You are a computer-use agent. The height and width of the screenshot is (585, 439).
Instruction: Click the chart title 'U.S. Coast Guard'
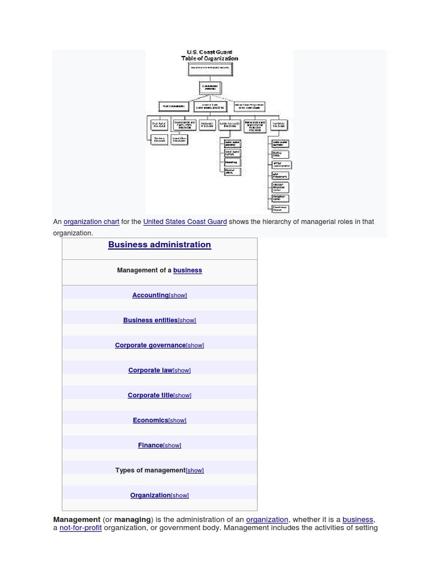point(209,52)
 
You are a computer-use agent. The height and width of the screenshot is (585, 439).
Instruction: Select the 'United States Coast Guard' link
point(185,222)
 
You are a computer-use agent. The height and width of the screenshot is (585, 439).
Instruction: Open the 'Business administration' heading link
point(159,245)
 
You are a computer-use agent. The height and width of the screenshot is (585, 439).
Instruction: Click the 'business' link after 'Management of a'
point(187,270)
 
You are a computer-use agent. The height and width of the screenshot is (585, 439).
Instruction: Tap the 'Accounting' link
point(150,295)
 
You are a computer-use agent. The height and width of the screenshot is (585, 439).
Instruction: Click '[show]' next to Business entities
point(187,320)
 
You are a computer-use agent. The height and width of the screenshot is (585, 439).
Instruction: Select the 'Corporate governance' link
point(150,345)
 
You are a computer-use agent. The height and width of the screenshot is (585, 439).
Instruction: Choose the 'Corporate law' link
point(150,370)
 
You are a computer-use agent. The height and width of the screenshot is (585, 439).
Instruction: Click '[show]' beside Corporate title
point(182,395)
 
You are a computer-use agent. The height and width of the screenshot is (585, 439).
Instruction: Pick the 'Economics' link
point(150,420)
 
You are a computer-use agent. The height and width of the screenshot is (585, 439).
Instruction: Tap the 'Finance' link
point(150,445)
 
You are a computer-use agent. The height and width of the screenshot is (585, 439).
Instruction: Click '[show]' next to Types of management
point(195,470)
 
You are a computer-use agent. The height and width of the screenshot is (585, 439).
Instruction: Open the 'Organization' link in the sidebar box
point(150,495)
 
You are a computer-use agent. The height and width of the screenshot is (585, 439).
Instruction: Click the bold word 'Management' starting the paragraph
point(77,519)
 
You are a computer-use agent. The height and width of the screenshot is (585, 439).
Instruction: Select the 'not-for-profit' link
point(81,528)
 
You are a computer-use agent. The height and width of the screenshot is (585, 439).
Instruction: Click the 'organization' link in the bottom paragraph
point(267,519)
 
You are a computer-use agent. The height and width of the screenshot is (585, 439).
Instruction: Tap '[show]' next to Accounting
point(178,295)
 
